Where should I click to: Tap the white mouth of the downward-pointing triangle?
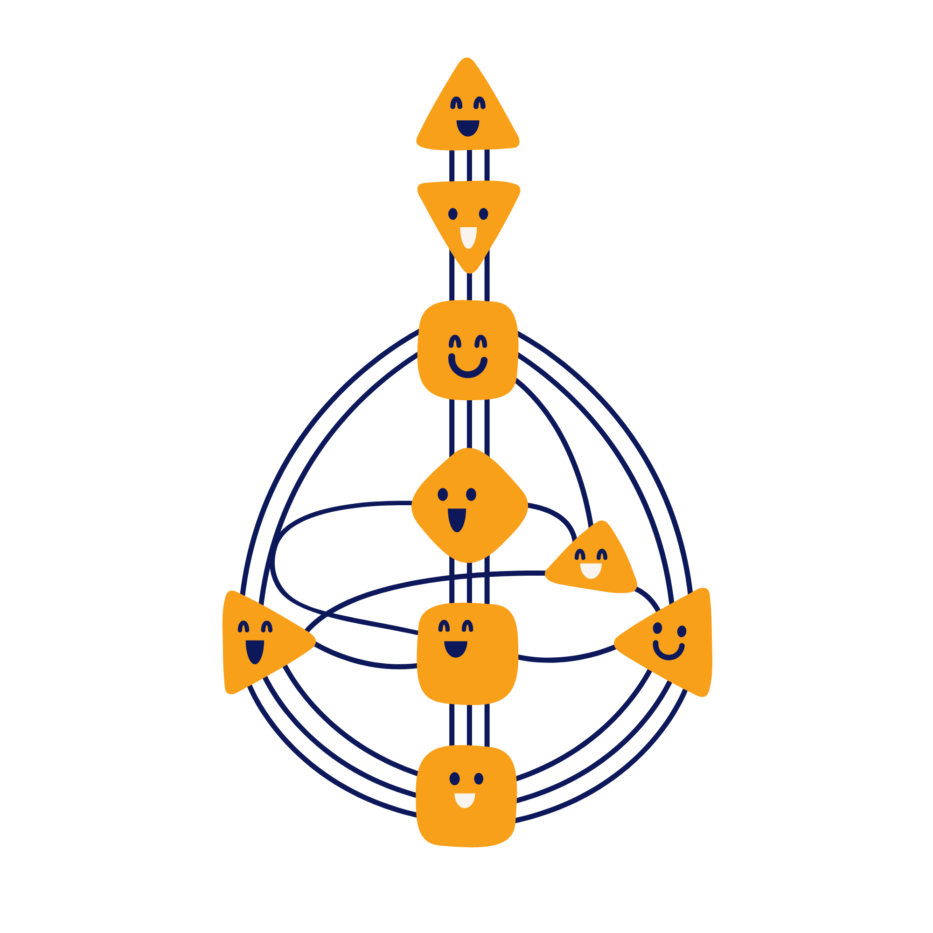point(468,237)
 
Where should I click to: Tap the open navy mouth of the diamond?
point(457,519)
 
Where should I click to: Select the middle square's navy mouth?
point(455,648)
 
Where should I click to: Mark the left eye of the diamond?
point(442,494)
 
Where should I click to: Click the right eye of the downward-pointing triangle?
point(483,214)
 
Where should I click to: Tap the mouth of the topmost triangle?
point(467,127)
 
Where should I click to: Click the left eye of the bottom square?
point(454,779)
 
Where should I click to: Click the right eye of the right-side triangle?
point(682,631)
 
